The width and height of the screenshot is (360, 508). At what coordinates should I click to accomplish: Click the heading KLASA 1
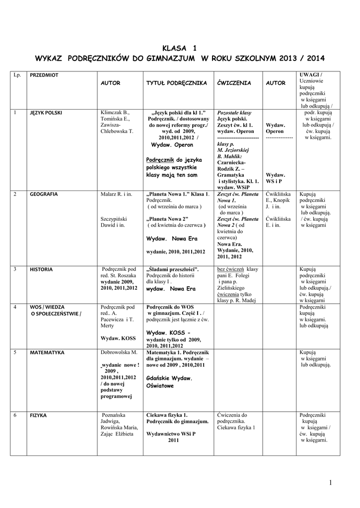(180, 48)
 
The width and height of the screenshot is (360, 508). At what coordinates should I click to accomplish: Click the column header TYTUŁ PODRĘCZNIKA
(176, 83)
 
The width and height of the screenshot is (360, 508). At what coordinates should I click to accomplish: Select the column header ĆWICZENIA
(234, 83)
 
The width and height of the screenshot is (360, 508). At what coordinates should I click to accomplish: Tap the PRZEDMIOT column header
(44, 75)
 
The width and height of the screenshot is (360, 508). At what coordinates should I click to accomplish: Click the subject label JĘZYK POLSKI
(46, 113)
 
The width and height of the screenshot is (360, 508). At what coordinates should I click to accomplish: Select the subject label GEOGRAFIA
(44, 194)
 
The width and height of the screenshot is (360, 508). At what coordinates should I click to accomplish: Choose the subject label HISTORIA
(41, 269)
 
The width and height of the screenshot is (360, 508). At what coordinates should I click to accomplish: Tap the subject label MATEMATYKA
(47, 353)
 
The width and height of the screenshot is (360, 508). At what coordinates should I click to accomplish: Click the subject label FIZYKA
(38, 415)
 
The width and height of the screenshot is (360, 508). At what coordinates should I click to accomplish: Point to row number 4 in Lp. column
(15, 307)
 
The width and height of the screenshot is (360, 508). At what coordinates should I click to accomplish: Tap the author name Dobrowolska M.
(119, 352)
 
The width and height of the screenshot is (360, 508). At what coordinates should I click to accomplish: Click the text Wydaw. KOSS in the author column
(118, 338)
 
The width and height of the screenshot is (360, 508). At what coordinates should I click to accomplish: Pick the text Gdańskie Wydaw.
(169, 378)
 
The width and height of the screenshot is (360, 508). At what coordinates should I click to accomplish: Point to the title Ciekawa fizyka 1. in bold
(167, 415)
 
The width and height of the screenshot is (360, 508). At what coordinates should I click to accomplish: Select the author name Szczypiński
(114, 218)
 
